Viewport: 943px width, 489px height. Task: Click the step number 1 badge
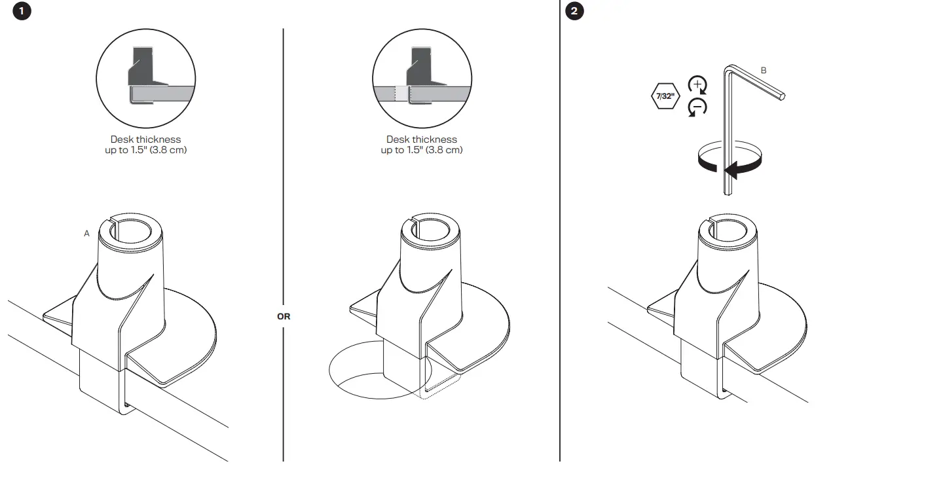pyautogui.click(x=22, y=12)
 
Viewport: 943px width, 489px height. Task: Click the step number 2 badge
pyautogui.click(x=574, y=12)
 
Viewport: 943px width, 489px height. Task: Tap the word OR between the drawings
pyautogui.click(x=284, y=316)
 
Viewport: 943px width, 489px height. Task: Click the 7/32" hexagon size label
pyautogui.click(x=667, y=97)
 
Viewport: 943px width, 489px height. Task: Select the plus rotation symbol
pyautogui.click(x=697, y=85)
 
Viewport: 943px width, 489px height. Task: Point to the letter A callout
pyautogui.click(x=86, y=234)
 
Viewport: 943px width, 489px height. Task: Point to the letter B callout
pyautogui.click(x=764, y=70)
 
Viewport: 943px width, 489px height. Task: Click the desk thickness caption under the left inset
pyautogui.click(x=145, y=145)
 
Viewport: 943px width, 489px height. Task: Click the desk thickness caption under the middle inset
pyautogui.click(x=422, y=145)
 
